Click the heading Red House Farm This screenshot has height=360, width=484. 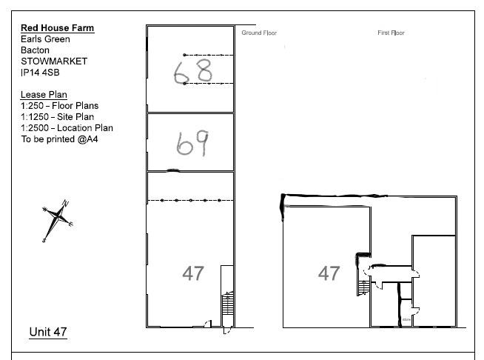[x=58, y=28]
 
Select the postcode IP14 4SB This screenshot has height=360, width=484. [x=40, y=73]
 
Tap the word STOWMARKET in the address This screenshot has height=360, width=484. [x=54, y=61]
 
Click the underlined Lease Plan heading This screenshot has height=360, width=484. [x=44, y=95]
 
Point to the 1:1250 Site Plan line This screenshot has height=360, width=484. [x=58, y=117]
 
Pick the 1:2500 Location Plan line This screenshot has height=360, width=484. [x=67, y=128]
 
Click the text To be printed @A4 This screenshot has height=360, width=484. [x=59, y=139]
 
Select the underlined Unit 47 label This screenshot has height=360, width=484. [x=48, y=332]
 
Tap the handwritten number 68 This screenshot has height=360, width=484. [x=193, y=72]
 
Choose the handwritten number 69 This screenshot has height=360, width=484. [x=192, y=143]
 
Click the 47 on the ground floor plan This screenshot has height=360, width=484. [x=193, y=273]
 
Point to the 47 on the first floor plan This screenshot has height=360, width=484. [x=329, y=273]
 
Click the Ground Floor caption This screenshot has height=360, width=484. [x=259, y=33]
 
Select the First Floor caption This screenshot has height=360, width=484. [x=391, y=33]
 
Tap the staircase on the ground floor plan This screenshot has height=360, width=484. [x=228, y=304]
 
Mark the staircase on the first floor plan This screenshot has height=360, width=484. [x=363, y=287]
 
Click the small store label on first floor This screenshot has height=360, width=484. [x=406, y=319]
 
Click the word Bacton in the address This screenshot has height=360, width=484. [x=36, y=50]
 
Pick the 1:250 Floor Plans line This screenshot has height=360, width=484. [x=59, y=106]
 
